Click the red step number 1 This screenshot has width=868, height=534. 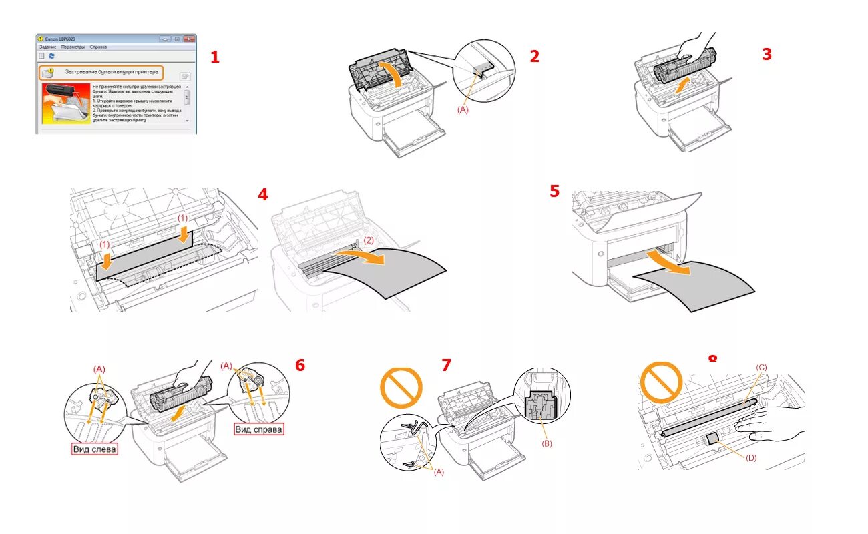tap(214, 57)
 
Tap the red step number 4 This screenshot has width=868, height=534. tap(263, 194)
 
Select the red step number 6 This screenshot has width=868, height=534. tap(300, 365)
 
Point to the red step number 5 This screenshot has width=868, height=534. tap(555, 191)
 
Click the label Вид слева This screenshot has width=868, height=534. tap(94, 449)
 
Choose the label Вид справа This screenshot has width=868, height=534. tap(258, 429)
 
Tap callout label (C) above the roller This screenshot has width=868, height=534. tap(761, 368)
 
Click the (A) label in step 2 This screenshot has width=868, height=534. tap(462, 110)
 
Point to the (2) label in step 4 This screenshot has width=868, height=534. tap(369, 240)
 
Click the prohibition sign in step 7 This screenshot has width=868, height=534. tap(401, 386)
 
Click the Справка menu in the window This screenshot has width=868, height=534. tap(98, 47)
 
